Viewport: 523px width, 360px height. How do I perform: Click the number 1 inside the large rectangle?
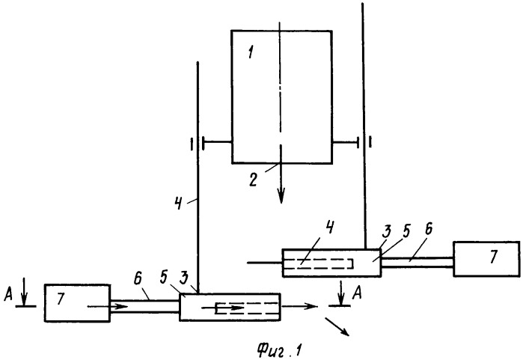pos(251,52)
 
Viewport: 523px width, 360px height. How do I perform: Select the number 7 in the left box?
pos(60,299)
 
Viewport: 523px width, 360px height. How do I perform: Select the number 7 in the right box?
pos(494,256)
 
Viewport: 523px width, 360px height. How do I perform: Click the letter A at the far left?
pos(8,294)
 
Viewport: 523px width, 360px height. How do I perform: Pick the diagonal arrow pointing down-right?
pos(337,326)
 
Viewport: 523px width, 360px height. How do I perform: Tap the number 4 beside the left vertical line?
pos(179,203)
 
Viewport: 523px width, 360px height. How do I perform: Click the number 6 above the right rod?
pos(428,230)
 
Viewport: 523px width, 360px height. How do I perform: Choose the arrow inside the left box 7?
pos(108,306)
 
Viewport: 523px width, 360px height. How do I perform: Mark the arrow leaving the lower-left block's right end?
pos(299,305)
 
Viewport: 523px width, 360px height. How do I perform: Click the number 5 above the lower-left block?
pos(163,279)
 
